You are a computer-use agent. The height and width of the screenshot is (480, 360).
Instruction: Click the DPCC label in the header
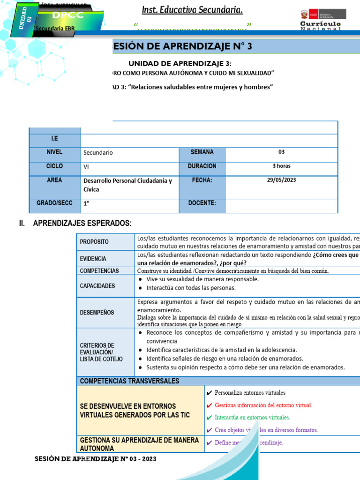[x=68, y=15]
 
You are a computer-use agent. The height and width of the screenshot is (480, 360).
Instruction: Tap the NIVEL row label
[x=54, y=152]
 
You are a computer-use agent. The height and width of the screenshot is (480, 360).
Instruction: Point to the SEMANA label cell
[x=202, y=152]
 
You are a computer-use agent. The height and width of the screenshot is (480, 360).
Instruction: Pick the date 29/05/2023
[x=281, y=180]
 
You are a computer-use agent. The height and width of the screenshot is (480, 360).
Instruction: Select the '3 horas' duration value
[x=281, y=166]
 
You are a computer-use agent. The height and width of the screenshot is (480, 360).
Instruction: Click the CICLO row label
[x=54, y=166]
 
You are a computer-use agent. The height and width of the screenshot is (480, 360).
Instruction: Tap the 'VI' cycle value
[x=86, y=166]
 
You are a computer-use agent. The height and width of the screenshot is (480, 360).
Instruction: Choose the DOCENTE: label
[x=202, y=203]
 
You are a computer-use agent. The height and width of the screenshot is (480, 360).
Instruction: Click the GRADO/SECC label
[x=54, y=203]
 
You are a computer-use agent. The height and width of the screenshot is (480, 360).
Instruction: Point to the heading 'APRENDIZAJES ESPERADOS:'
[x=82, y=223]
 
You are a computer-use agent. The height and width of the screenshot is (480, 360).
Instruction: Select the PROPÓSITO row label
[x=94, y=242]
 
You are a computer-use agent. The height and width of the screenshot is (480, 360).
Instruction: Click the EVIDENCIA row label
[x=93, y=259]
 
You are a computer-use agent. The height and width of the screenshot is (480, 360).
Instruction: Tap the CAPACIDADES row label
[x=97, y=286]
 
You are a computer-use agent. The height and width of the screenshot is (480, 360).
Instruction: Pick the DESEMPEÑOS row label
[x=97, y=313]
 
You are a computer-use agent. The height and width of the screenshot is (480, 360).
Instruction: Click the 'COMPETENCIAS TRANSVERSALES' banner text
[x=129, y=381]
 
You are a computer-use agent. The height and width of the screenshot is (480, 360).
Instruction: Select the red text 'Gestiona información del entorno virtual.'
[x=263, y=405]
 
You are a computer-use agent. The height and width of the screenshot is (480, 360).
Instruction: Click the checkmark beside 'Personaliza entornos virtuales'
[x=209, y=393]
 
